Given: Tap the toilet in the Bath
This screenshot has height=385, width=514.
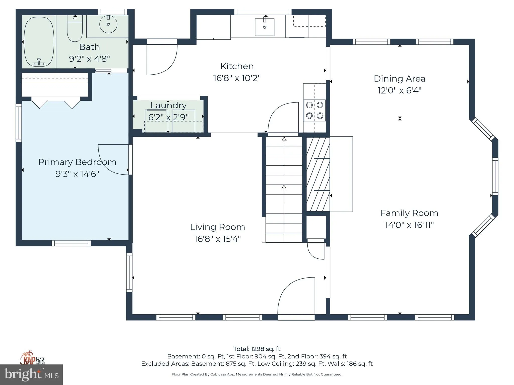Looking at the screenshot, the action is coord(75,28).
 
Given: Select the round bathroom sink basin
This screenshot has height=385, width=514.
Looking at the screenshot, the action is coord(108,24).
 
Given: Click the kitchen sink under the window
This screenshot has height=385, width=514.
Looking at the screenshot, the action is coord(265,27).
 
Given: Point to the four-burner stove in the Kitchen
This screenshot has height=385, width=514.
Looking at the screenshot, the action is coord(314,110).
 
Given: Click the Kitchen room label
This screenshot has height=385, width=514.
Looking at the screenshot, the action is coord(237,66).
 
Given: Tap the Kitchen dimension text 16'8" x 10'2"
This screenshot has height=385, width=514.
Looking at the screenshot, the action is coord(237,78).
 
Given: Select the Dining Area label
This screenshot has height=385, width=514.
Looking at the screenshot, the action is coord(400,79).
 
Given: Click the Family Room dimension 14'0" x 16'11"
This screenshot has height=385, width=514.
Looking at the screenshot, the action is coord(409,225).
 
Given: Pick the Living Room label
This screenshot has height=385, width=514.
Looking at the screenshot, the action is coord(218,227).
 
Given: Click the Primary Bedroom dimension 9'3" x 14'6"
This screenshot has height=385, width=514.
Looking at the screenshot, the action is coord(77,174).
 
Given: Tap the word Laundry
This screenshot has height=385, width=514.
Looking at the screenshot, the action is coord(169,106).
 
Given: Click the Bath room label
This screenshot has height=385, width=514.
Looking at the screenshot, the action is coord(90,47).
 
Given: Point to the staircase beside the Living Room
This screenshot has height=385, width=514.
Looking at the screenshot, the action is coord(284,189).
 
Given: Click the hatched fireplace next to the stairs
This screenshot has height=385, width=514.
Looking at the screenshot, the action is coord(318,174).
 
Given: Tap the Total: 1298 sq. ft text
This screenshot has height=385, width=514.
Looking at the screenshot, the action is coord(257,349).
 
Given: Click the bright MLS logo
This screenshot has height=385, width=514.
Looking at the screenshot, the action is coord(31,374).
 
